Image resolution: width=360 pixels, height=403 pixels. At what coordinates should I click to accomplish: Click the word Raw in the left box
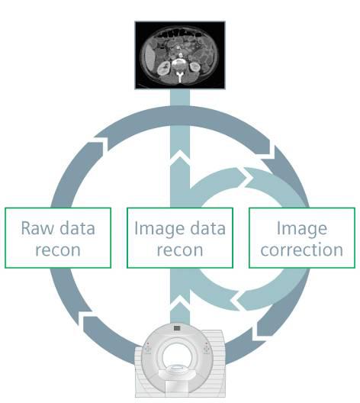(x=37, y=228)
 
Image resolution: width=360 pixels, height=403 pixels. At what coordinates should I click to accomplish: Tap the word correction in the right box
(x=302, y=250)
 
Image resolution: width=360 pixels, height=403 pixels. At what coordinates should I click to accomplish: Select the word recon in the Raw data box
(x=58, y=250)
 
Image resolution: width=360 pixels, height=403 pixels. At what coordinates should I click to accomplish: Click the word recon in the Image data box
(x=180, y=250)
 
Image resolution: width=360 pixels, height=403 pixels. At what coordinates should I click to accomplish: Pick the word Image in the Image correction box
(x=302, y=229)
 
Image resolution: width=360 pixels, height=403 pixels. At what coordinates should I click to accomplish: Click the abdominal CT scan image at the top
(x=180, y=55)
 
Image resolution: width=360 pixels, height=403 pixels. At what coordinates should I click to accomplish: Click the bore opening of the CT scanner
(x=177, y=356)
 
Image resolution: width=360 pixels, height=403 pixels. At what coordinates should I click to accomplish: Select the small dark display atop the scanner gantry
(x=177, y=328)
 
